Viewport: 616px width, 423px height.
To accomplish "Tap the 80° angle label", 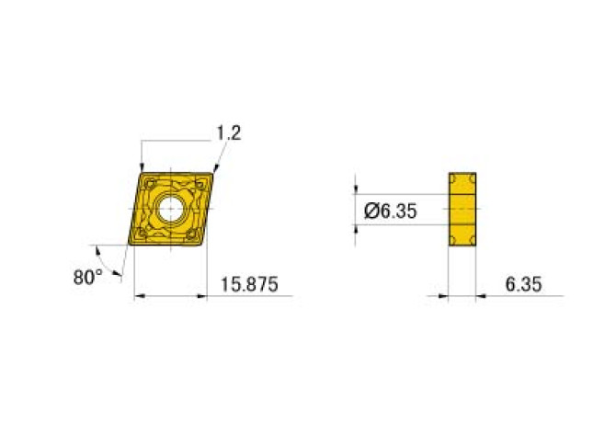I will pos(88,276).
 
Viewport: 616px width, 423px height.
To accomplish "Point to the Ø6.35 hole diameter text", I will pos(391,211).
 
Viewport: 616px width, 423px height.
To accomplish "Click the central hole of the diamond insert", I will pos(171,208).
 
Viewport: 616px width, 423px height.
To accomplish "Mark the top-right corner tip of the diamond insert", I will pos(213,172).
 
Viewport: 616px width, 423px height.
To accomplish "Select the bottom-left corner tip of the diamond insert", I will pos(130,244).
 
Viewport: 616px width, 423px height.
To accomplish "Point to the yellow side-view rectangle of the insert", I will pos(462,209).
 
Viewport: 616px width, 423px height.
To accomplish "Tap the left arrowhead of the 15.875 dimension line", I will pos(139,296).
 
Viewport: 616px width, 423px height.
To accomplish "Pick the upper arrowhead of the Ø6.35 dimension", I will pos(356,190).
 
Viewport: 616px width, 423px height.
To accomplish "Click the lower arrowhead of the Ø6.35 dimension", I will pos(356,228).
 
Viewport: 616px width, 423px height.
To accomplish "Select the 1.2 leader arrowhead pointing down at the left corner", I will pos(142,165).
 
